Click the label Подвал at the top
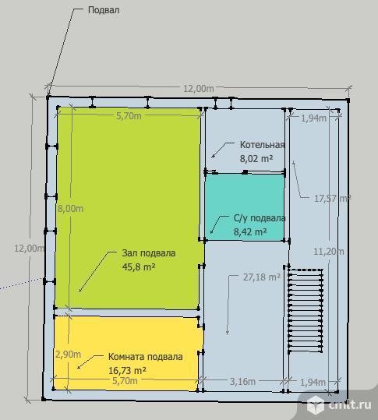tap(104, 10)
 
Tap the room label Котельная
tap(262, 145)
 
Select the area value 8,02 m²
tap(256, 159)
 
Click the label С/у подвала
tap(260, 218)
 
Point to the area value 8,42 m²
tap(250, 231)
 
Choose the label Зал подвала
tap(149, 253)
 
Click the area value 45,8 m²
tap(139, 266)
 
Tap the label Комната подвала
tap(146, 357)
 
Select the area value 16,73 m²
tap(127, 371)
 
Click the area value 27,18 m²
tap(261, 277)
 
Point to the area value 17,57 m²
tap(333, 199)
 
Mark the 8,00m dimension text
tap(70, 208)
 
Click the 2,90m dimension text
tap(68, 355)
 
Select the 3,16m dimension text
tap(242, 382)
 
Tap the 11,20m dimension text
tap(329, 252)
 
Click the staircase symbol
tap(306, 311)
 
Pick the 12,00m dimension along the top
tap(199, 88)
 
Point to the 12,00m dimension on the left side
tap(29, 249)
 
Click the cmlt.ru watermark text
tap(350, 404)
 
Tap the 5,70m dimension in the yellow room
tap(125, 380)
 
